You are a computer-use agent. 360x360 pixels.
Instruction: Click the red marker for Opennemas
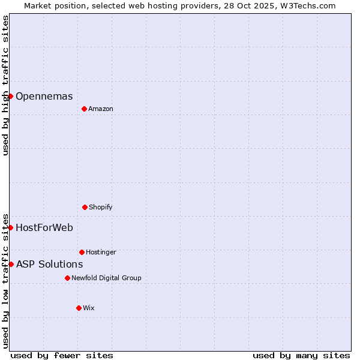click(10, 96)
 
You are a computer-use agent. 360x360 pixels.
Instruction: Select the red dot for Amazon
click(84, 109)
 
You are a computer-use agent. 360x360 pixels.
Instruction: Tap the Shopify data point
click(85, 207)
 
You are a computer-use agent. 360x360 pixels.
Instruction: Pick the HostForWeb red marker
click(10, 227)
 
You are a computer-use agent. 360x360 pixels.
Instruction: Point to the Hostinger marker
click(82, 252)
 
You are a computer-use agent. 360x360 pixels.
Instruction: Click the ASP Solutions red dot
click(11, 264)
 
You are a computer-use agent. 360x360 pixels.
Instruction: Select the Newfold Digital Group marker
click(67, 278)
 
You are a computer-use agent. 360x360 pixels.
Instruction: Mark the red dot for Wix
click(79, 308)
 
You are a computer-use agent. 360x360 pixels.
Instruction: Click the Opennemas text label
click(44, 96)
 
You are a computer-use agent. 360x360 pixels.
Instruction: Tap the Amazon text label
click(101, 109)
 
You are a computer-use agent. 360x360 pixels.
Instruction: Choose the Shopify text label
click(101, 207)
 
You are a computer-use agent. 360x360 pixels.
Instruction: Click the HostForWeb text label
click(44, 227)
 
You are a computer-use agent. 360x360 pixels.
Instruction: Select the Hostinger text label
click(101, 252)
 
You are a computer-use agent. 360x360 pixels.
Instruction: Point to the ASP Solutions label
click(49, 264)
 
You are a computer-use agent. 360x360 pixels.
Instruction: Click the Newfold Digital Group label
click(106, 278)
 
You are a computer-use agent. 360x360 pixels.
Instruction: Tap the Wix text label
click(89, 308)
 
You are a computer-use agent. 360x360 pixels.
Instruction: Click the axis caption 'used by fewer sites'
click(62, 355)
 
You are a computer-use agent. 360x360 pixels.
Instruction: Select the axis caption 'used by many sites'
click(301, 355)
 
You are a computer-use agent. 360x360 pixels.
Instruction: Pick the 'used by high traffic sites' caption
click(5, 85)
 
